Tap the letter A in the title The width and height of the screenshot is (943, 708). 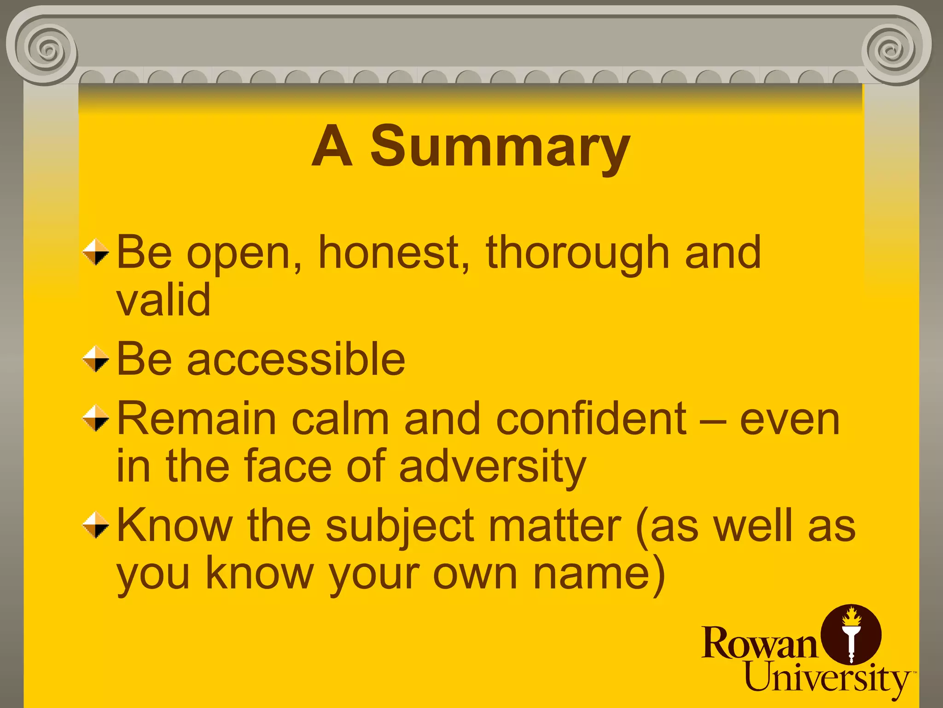[332, 147]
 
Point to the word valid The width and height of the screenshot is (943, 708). [163, 300]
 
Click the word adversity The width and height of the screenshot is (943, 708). [492, 466]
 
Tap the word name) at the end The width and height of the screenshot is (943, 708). [599, 574]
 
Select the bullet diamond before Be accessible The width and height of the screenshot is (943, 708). [96, 359]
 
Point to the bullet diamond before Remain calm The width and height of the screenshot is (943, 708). [96, 418]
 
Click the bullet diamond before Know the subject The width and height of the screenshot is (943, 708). [96, 525]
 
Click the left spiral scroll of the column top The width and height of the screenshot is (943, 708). [46, 48]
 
